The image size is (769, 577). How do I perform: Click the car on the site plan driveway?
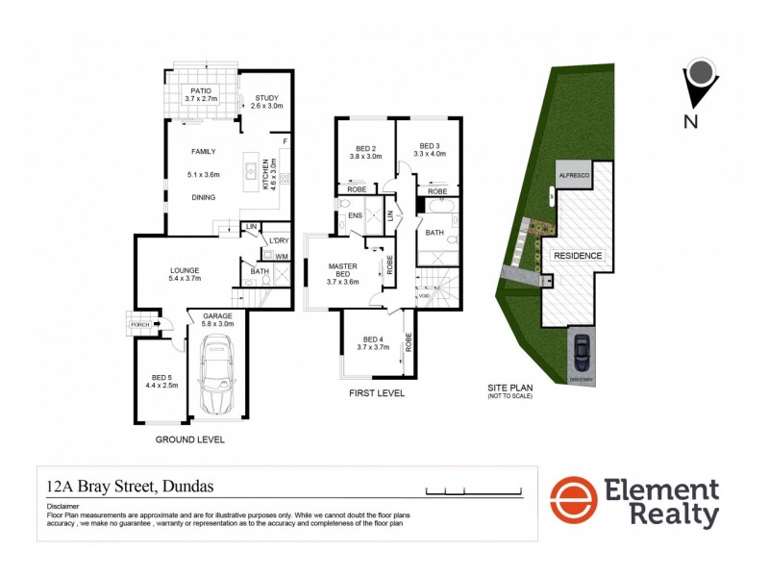tap(581, 353)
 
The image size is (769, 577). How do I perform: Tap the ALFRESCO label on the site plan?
tap(574, 177)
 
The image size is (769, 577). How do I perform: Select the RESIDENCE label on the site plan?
tap(577, 256)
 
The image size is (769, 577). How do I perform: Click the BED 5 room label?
tap(159, 379)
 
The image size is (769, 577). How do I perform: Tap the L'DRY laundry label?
tap(279, 239)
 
